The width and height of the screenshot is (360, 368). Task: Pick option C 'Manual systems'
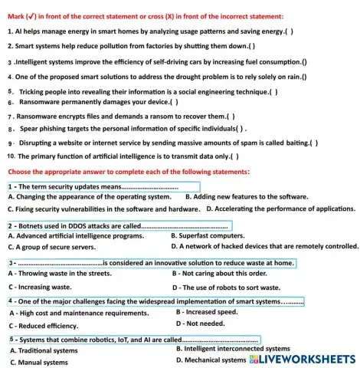coord(38,362)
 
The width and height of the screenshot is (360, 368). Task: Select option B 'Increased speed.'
coord(207,312)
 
